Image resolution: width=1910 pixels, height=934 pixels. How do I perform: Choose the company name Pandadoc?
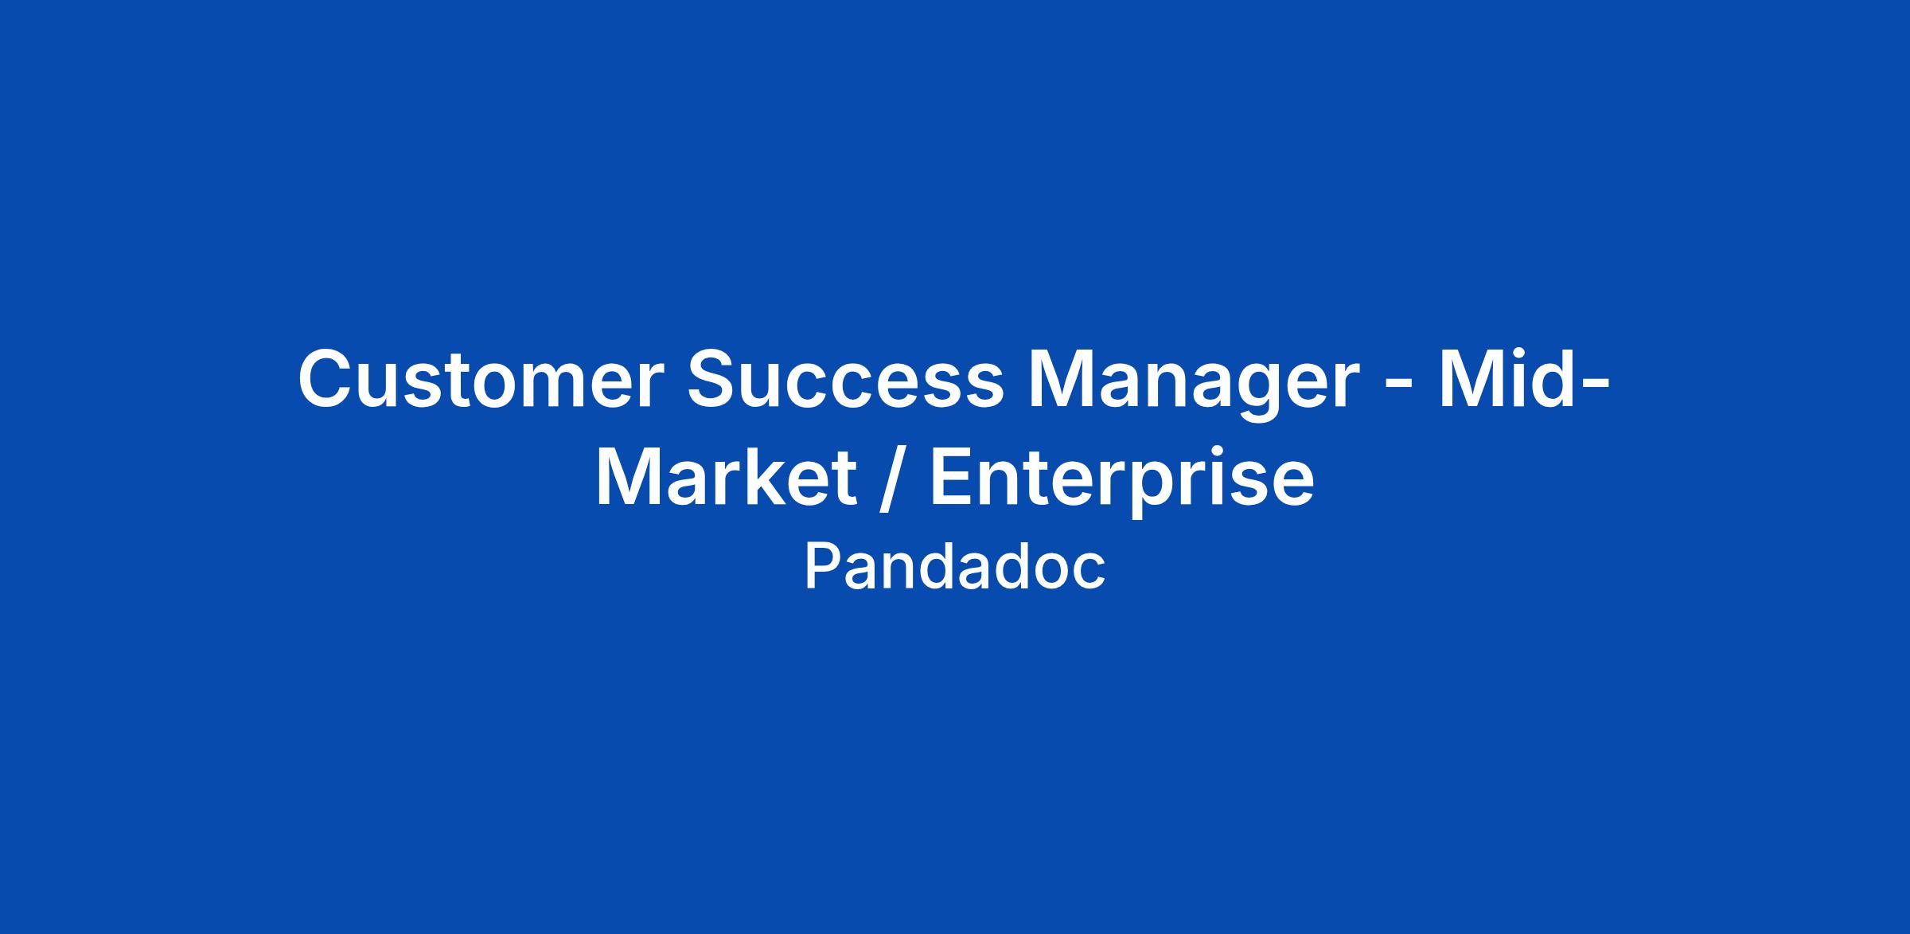pyautogui.click(x=955, y=567)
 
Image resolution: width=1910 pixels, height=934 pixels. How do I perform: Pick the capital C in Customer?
pyautogui.click(x=326, y=381)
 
